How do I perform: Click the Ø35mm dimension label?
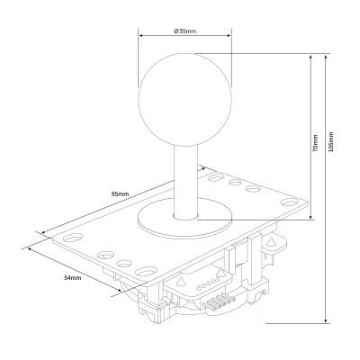[x=185, y=31]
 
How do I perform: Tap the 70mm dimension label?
[x=315, y=142]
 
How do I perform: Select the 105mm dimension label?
[x=331, y=141]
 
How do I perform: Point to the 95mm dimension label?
[x=120, y=194]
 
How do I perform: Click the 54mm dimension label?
[x=73, y=278]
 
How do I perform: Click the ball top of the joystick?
[x=184, y=100]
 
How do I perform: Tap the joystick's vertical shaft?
[x=185, y=182]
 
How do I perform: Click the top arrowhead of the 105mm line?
[x=326, y=58]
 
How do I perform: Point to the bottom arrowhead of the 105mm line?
[x=326, y=320]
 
